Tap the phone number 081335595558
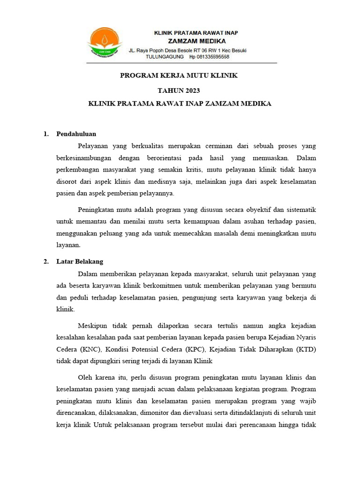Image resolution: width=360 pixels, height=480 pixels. coord(212,57)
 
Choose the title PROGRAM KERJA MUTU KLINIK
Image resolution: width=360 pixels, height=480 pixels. coord(180,75)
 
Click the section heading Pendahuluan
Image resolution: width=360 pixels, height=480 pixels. coord(76,134)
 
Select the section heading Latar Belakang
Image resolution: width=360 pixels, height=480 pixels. coord(80,262)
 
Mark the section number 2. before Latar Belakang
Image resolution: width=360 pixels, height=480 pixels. coord(46,262)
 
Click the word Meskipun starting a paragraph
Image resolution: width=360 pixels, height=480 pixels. coord(93,326)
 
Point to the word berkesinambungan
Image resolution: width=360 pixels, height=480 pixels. coord(85,158)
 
